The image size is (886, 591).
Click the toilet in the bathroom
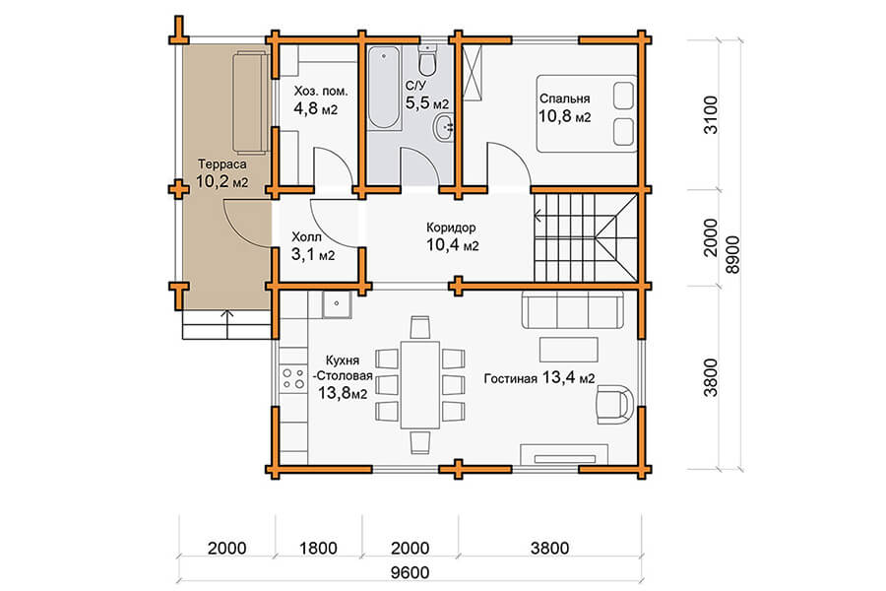pyautogui.click(x=428, y=60)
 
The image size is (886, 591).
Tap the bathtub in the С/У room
pyautogui.click(x=384, y=87)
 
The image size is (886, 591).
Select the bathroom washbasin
pyautogui.click(x=445, y=127)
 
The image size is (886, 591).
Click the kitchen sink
pyautogui.click(x=337, y=304)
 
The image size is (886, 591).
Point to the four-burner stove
pyautogui.click(x=293, y=378)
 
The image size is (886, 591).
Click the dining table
pyautogui.click(x=419, y=384)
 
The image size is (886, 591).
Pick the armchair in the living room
pyautogui.click(x=614, y=404)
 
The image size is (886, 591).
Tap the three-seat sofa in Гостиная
pyautogui.click(x=572, y=310)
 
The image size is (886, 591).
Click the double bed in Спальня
pyautogui.click(x=587, y=113)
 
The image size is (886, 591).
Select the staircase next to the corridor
pyautogui.click(x=586, y=237)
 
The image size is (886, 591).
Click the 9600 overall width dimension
pyautogui.click(x=411, y=572)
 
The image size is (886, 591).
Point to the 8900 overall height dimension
pyautogui.click(x=732, y=254)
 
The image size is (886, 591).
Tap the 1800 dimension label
pyautogui.click(x=318, y=548)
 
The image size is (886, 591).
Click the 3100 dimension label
pyautogui.click(x=712, y=115)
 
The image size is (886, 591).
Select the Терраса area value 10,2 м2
pyautogui.click(x=222, y=181)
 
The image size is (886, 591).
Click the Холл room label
pyautogui.click(x=306, y=237)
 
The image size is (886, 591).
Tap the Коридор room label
pyautogui.click(x=451, y=228)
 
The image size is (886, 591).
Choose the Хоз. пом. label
pyautogui.click(x=321, y=91)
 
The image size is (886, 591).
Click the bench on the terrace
pyautogui.click(x=249, y=101)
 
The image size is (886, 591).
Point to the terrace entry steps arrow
pyautogui.click(x=227, y=324)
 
